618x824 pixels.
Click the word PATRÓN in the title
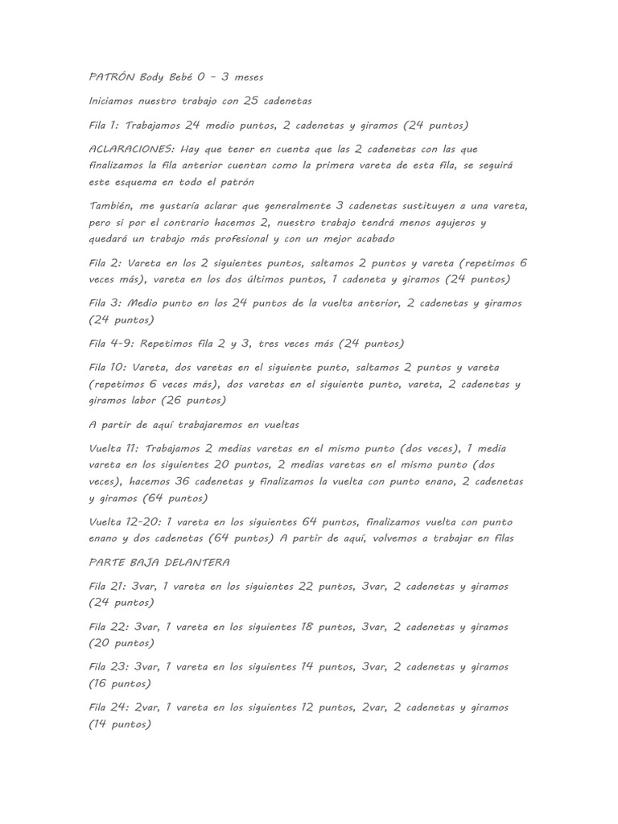(111, 77)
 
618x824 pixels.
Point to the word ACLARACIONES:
(131, 150)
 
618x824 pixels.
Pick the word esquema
(141, 182)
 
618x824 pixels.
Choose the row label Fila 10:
(108, 368)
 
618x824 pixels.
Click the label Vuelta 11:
(117, 448)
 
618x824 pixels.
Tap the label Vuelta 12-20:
(126, 521)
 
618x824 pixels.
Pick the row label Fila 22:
(108, 627)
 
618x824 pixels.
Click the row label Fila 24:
(108, 707)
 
